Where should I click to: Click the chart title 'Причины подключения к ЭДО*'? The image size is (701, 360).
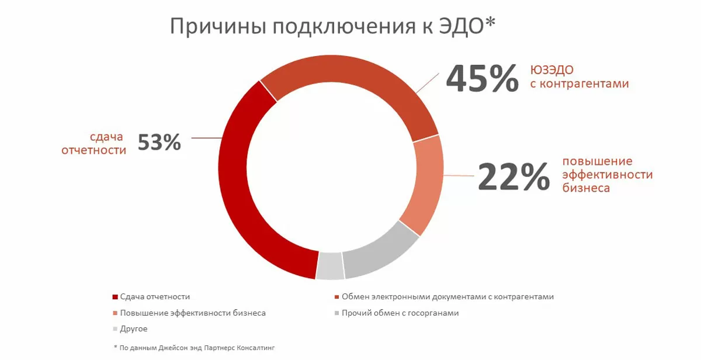pyautogui.click(x=333, y=27)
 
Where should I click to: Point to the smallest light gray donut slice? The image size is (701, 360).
pyautogui.click(x=329, y=266)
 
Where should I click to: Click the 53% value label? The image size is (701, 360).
pyautogui.click(x=159, y=143)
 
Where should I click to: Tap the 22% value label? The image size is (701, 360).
pyautogui.click(x=514, y=176)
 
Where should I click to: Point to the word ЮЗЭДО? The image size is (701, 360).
pyautogui.click(x=552, y=70)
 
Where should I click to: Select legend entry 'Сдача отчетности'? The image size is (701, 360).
pyautogui.click(x=154, y=297)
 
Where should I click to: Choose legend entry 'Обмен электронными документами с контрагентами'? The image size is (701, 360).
pyautogui.click(x=447, y=297)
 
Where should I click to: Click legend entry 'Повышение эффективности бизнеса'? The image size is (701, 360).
pyautogui.click(x=192, y=313)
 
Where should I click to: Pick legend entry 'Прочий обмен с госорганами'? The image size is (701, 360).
pyautogui.click(x=400, y=313)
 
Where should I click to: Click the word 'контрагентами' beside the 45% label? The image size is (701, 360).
pyautogui.click(x=580, y=84)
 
